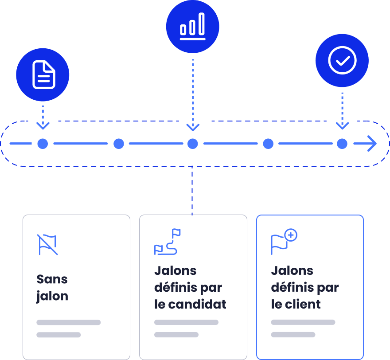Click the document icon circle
tap(43, 74)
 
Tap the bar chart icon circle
tap(192, 26)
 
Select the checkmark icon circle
tap(342, 60)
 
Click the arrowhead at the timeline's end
tap(372, 144)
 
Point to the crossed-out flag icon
tap(47, 245)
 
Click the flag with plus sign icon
tap(284, 241)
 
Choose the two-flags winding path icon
tap(167, 242)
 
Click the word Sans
tap(52, 279)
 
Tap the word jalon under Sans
tap(52, 296)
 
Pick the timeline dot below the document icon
tap(43, 144)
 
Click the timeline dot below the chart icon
tap(192, 144)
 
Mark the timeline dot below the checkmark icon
tap(342, 144)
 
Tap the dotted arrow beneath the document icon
tap(43, 117)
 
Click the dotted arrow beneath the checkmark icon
tap(342, 111)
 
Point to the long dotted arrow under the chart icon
tap(193, 95)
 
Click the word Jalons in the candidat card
tap(175, 271)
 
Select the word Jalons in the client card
tap(292, 271)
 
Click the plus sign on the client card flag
tap(291, 235)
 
